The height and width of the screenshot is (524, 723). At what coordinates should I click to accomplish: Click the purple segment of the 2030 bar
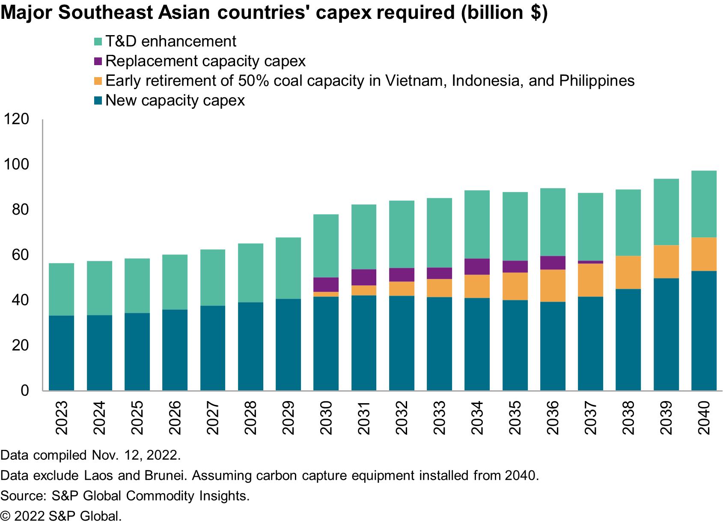(x=326, y=284)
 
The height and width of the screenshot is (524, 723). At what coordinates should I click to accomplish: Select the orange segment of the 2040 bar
(x=704, y=254)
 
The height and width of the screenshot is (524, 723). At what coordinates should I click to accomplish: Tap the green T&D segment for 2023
(x=61, y=289)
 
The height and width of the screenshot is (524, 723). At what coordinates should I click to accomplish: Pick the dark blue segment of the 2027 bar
(x=213, y=348)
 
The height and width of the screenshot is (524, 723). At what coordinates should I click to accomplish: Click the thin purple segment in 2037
(x=590, y=262)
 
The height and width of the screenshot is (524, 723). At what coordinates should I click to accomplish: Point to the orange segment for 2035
(x=515, y=286)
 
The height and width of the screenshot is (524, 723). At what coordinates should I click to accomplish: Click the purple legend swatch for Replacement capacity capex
(x=98, y=61)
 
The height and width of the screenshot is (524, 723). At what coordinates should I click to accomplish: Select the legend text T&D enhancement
(x=170, y=42)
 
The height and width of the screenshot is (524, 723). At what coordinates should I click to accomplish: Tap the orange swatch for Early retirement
(x=98, y=81)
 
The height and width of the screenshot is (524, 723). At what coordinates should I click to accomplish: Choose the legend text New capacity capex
(x=175, y=101)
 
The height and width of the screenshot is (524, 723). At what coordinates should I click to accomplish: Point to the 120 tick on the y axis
(x=16, y=119)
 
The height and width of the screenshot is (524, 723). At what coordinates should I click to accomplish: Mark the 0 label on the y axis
(x=25, y=390)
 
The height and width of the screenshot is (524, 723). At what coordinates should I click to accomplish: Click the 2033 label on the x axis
(x=439, y=418)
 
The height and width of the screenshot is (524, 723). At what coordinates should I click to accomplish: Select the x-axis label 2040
(x=704, y=418)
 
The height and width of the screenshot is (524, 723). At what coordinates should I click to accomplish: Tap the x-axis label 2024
(x=99, y=418)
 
